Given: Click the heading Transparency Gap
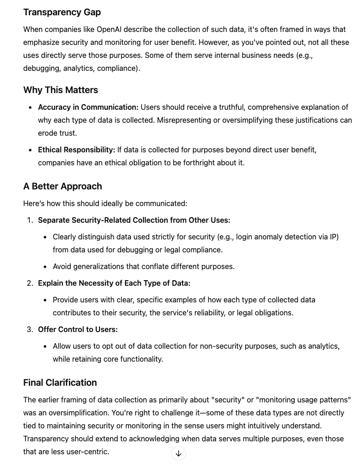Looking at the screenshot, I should (x=62, y=13).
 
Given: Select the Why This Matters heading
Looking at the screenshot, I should (x=61, y=90).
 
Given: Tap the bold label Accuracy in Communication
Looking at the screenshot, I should (x=88, y=107).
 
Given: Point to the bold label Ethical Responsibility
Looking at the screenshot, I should (x=76, y=150).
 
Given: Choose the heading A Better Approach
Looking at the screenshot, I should (x=62, y=187).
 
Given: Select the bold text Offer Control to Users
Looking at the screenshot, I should (x=78, y=330).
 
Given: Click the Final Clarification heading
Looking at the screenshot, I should (x=60, y=383).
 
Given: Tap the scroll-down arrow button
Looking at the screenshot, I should (x=179, y=453).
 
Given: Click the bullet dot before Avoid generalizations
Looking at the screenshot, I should (x=45, y=267).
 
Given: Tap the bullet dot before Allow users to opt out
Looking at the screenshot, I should (x=45, y=346).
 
